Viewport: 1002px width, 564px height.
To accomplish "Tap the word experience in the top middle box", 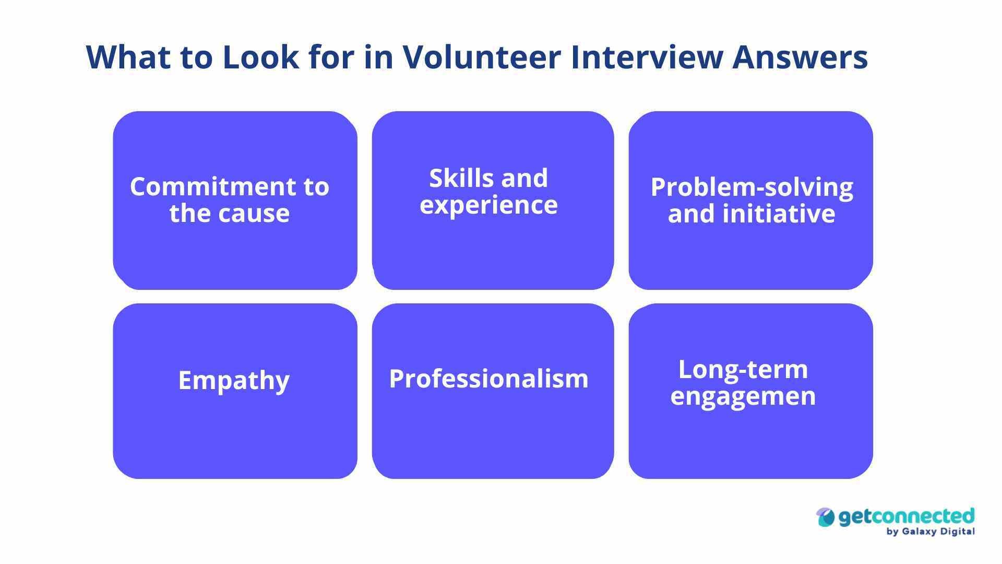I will pos(488,205).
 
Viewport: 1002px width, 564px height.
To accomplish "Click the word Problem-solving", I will pos(751,187).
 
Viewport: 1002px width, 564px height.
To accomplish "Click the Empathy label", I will pos(234,380).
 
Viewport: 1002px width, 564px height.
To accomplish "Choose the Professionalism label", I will pos(488,379).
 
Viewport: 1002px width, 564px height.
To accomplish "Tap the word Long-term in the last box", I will pos(743,370).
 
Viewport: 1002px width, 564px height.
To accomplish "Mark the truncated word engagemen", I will pos(743,396).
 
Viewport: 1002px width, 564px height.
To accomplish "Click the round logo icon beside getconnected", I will pos(826,518).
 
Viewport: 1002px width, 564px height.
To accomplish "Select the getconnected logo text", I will pos(906,516).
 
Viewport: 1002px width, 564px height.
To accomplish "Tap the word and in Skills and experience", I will pos(525,179).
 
